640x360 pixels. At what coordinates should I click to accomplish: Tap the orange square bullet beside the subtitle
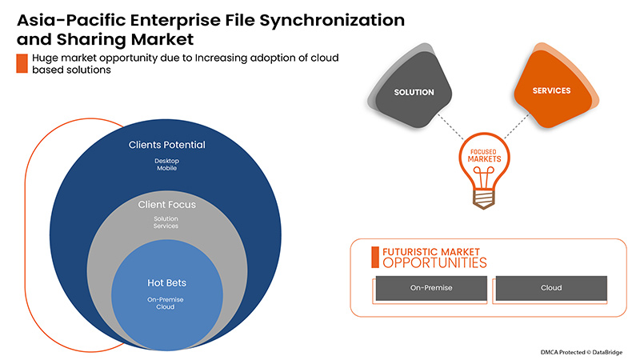[x=22, y=64]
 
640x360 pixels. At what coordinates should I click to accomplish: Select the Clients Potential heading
[x=167, y=145]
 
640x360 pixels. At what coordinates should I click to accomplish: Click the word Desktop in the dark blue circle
[x=167, y=160]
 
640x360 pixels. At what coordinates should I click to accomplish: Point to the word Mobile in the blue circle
[x=167, y=170]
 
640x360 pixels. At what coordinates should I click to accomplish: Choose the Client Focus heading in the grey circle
[x=166, y=205]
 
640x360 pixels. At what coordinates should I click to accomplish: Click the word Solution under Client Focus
[x=166, y=218]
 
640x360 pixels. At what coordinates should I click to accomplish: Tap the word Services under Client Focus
[x=166, y=226]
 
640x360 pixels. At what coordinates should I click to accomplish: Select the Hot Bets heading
[x=166, y=282]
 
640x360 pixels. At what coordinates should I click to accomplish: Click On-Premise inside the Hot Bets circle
[x=166, y=298]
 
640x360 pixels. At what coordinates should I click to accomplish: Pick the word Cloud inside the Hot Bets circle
[x=166, y=307]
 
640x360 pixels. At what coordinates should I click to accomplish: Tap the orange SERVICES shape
[x=552, y=90]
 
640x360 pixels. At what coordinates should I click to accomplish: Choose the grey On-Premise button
[x=429, y=287]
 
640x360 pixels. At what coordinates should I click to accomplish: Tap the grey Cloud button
[x=551, y=287]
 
